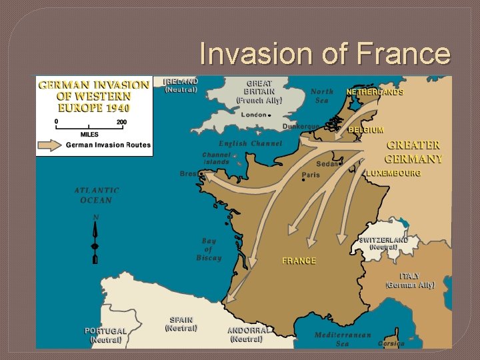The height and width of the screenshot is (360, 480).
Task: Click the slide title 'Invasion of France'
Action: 325,54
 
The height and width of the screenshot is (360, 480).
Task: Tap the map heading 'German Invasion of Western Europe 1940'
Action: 93,96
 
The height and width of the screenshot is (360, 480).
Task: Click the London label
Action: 254,115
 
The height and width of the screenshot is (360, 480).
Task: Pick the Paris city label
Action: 311,175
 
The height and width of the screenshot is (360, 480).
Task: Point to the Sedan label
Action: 327,164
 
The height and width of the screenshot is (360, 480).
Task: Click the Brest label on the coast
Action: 188,174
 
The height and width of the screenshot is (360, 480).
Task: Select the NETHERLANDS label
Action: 374,92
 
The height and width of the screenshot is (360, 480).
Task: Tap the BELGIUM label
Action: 365,130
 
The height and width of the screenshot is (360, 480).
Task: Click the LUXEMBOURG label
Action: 393,173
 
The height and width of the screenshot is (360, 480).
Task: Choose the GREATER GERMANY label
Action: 413,152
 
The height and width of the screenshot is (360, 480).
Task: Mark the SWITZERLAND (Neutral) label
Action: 383,243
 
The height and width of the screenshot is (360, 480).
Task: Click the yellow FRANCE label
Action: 299,261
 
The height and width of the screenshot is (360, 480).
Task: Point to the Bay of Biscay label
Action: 209,249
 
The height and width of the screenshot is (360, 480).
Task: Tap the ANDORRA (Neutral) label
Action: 248,334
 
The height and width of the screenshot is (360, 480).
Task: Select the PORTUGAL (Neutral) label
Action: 105,335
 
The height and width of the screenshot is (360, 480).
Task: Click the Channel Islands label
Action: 216,159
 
